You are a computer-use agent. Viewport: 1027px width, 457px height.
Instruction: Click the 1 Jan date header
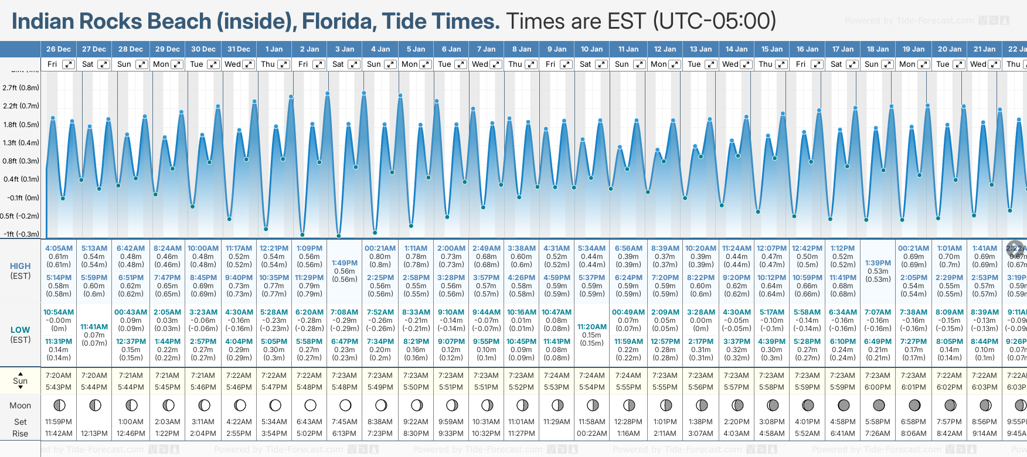274,49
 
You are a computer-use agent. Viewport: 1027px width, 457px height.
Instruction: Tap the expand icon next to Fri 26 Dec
69,64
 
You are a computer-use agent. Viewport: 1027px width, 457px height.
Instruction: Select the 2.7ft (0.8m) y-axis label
21,88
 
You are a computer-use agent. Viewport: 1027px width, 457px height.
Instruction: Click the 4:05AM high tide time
59,248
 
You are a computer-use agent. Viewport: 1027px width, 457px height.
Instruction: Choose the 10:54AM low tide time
59,312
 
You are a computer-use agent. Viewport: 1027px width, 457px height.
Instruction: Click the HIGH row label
21,266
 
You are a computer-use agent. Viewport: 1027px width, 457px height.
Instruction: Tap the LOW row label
21,330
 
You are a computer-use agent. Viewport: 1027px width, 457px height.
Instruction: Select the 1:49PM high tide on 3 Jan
345,263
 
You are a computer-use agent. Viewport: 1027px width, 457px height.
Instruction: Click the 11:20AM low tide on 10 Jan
592,327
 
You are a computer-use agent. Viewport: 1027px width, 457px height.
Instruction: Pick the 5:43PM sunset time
59,387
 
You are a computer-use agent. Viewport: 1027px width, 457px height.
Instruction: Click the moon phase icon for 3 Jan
345,405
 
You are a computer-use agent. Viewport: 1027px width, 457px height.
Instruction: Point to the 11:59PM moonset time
59,422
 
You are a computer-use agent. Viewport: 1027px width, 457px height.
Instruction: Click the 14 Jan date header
736,49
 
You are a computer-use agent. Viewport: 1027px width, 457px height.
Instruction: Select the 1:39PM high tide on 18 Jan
878,263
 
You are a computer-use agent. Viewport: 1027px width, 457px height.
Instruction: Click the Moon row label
21,405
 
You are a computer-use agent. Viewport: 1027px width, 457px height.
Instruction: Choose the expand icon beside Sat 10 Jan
601,64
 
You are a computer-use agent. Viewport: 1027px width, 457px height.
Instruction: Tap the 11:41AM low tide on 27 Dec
94,327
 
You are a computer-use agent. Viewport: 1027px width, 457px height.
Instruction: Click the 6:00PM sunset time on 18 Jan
878,387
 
